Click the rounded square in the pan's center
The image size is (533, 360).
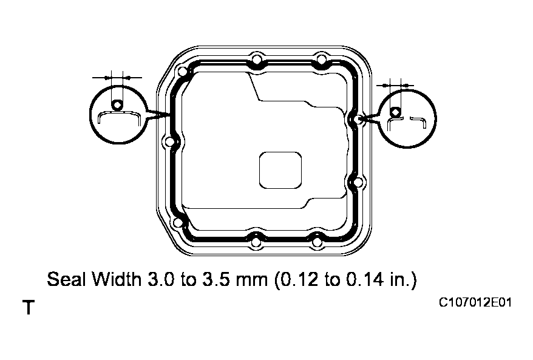tap(280, 169)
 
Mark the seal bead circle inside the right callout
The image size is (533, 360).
tap(395, 112)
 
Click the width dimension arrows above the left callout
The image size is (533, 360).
tap(117, 77)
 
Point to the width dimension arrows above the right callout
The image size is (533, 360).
tap(395, 84)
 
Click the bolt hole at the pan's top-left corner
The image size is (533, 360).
tap(181, 72)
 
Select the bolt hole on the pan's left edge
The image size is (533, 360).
tap(169, 143)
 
